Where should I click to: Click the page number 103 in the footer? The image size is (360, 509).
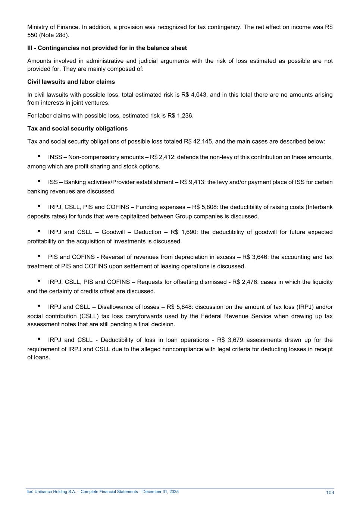pyautogui.click(x=330, y=493)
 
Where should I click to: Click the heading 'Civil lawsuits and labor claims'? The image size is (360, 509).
pyautogui.click(x=71, y=82)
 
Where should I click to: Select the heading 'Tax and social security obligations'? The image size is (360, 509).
pyautogui.click(x=77, y=129)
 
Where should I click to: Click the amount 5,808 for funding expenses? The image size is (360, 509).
pyautogui.click(x=209, y=207)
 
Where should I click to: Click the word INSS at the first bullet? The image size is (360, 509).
pyautogui.click(x=55, y=157)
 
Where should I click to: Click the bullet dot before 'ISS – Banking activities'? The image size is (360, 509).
pyautogui.click(x=39, y=182)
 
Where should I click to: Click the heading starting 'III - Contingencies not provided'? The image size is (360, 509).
pyautogui.click(x=107, y=48)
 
